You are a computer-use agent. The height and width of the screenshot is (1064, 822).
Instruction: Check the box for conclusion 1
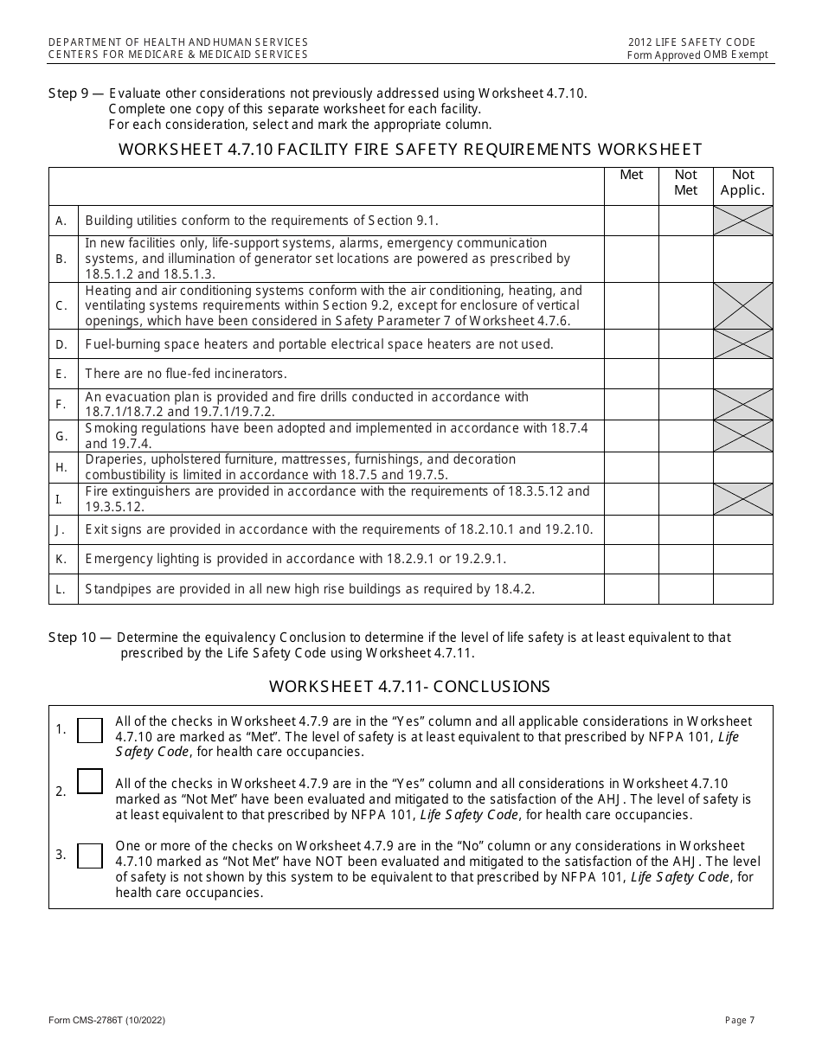[90, 730]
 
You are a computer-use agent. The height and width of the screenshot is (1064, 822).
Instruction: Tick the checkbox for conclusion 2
[90, 781]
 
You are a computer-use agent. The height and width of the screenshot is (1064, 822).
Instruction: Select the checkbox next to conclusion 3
[90, 856]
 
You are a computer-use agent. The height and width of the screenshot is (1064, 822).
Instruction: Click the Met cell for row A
[631, 221]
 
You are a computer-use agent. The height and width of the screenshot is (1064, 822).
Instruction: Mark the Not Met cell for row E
[685, 374]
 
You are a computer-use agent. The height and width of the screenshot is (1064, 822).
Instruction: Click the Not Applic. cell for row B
[742, 260]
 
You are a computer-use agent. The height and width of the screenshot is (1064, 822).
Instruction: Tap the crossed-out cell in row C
[742, 306]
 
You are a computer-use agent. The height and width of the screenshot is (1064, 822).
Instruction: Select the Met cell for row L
[631, 589]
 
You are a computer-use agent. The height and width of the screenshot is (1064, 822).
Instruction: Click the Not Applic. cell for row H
[742, 467]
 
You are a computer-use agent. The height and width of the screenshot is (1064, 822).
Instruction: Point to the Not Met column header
[685, 183]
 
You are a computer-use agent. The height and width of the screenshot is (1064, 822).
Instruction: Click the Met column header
[632, 175]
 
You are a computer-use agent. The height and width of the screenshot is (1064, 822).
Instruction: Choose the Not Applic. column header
[742, 183]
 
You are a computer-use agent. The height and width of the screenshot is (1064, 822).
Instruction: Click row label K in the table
[61, 560]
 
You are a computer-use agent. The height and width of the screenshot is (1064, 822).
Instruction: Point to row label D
[61, 344]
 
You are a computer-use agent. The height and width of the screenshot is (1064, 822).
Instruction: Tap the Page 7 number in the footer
[740, 1021]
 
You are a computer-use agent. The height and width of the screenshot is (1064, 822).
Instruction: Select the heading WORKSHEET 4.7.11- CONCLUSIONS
[409, 687]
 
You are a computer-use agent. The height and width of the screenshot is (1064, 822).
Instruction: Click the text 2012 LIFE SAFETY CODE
[692, 42]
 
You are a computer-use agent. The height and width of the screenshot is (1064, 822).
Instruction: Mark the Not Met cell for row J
[685, 529]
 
